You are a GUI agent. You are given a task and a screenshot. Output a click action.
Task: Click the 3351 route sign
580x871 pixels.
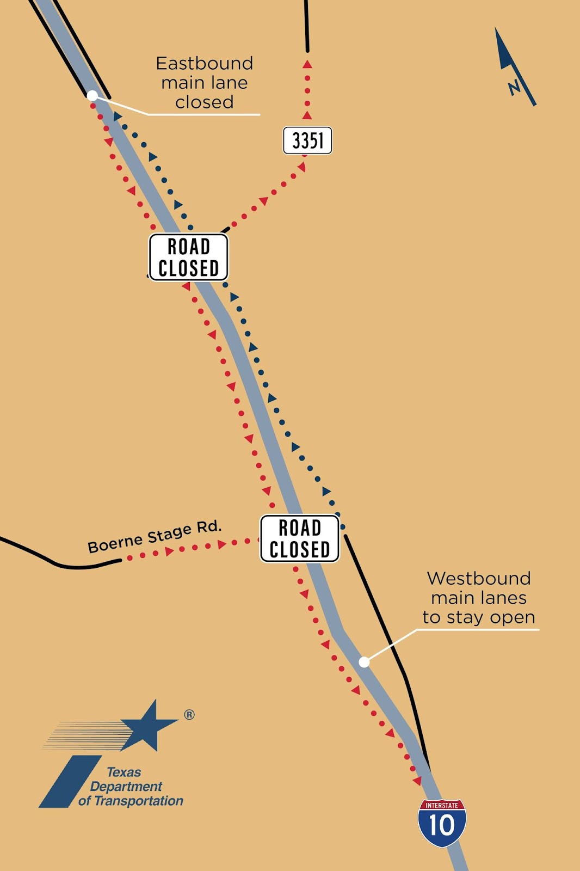pyautogui.click(x=307, y=140)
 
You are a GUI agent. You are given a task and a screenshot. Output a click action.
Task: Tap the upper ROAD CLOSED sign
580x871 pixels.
pyautogui.click(x=189, y=257)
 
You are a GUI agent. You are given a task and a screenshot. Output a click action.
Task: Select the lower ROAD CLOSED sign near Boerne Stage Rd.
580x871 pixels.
pyautogui.click(x=300, y=538)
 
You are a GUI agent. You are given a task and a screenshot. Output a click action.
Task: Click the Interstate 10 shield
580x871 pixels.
pyautogui.click(x=442, y=823)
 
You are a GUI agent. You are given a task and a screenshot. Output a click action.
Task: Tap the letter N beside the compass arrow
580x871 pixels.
pyautogui.click(x=514, y=87)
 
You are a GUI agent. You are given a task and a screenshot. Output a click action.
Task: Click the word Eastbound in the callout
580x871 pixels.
pyautogui.click(x=205, y=63)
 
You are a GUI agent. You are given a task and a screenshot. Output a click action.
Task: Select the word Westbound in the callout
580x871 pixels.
pyautogui.click(x=479, y=578)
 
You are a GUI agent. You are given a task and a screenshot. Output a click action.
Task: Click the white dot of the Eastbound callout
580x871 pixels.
pyautogui.click(x=92, y=96)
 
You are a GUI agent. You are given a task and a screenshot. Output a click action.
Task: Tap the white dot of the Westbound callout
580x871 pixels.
pyautogui.click(x=364, y=662)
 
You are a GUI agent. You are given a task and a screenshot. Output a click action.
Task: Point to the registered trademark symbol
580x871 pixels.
pyautogui.click(x=189, y=715)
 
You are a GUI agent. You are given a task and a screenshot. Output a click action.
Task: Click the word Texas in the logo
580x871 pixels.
pyautogui.click(x=124, y=772)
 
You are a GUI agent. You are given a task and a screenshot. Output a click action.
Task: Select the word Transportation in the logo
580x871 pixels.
pyautogui.click(x=139, y=801)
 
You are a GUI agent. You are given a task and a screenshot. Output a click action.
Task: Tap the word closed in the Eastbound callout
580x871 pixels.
pyautogui.click(x=205, y=102)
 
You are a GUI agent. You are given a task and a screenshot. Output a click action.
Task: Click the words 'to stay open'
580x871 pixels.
pyautogui.click(x=479, y=617)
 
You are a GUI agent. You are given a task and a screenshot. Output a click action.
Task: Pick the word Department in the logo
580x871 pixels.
pyautogui.click(x=126, y=786)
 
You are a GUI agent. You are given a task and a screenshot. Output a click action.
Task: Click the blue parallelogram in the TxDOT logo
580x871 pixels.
pyautogui.click(x=70, y=781)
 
